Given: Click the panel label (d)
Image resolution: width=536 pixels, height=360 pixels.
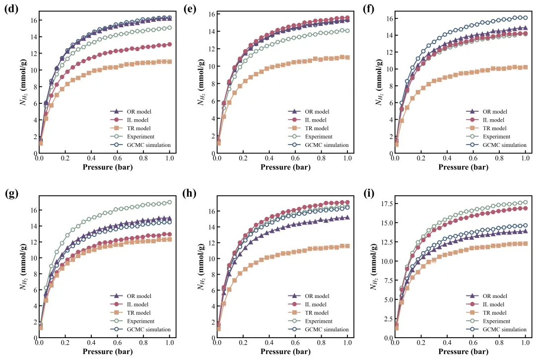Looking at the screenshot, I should click(11, 9).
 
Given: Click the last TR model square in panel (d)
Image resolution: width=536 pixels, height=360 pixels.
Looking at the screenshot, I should click(170, 62).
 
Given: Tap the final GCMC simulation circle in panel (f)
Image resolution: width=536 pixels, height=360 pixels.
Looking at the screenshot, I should click(525, 18).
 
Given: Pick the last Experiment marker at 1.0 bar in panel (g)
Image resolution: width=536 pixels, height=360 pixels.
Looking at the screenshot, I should click(170, 203).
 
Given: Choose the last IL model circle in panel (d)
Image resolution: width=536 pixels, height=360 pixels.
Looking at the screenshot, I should click(170, 44).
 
